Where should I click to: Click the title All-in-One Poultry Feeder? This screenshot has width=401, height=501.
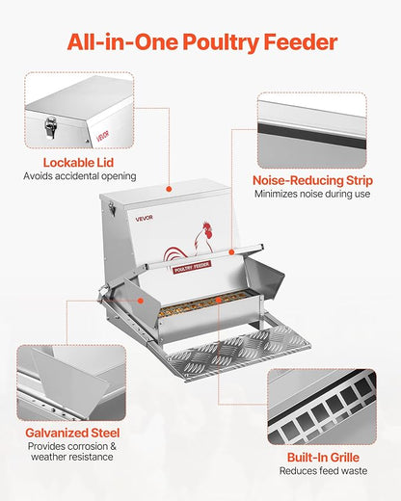pos(200,42)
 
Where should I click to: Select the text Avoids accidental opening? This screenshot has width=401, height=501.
pos(80,176)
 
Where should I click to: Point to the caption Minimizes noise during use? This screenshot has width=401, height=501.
pos(311,194)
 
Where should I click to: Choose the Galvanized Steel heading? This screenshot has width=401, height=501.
pos(73,433)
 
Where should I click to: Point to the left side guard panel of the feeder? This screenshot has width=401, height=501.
pos(134,300)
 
